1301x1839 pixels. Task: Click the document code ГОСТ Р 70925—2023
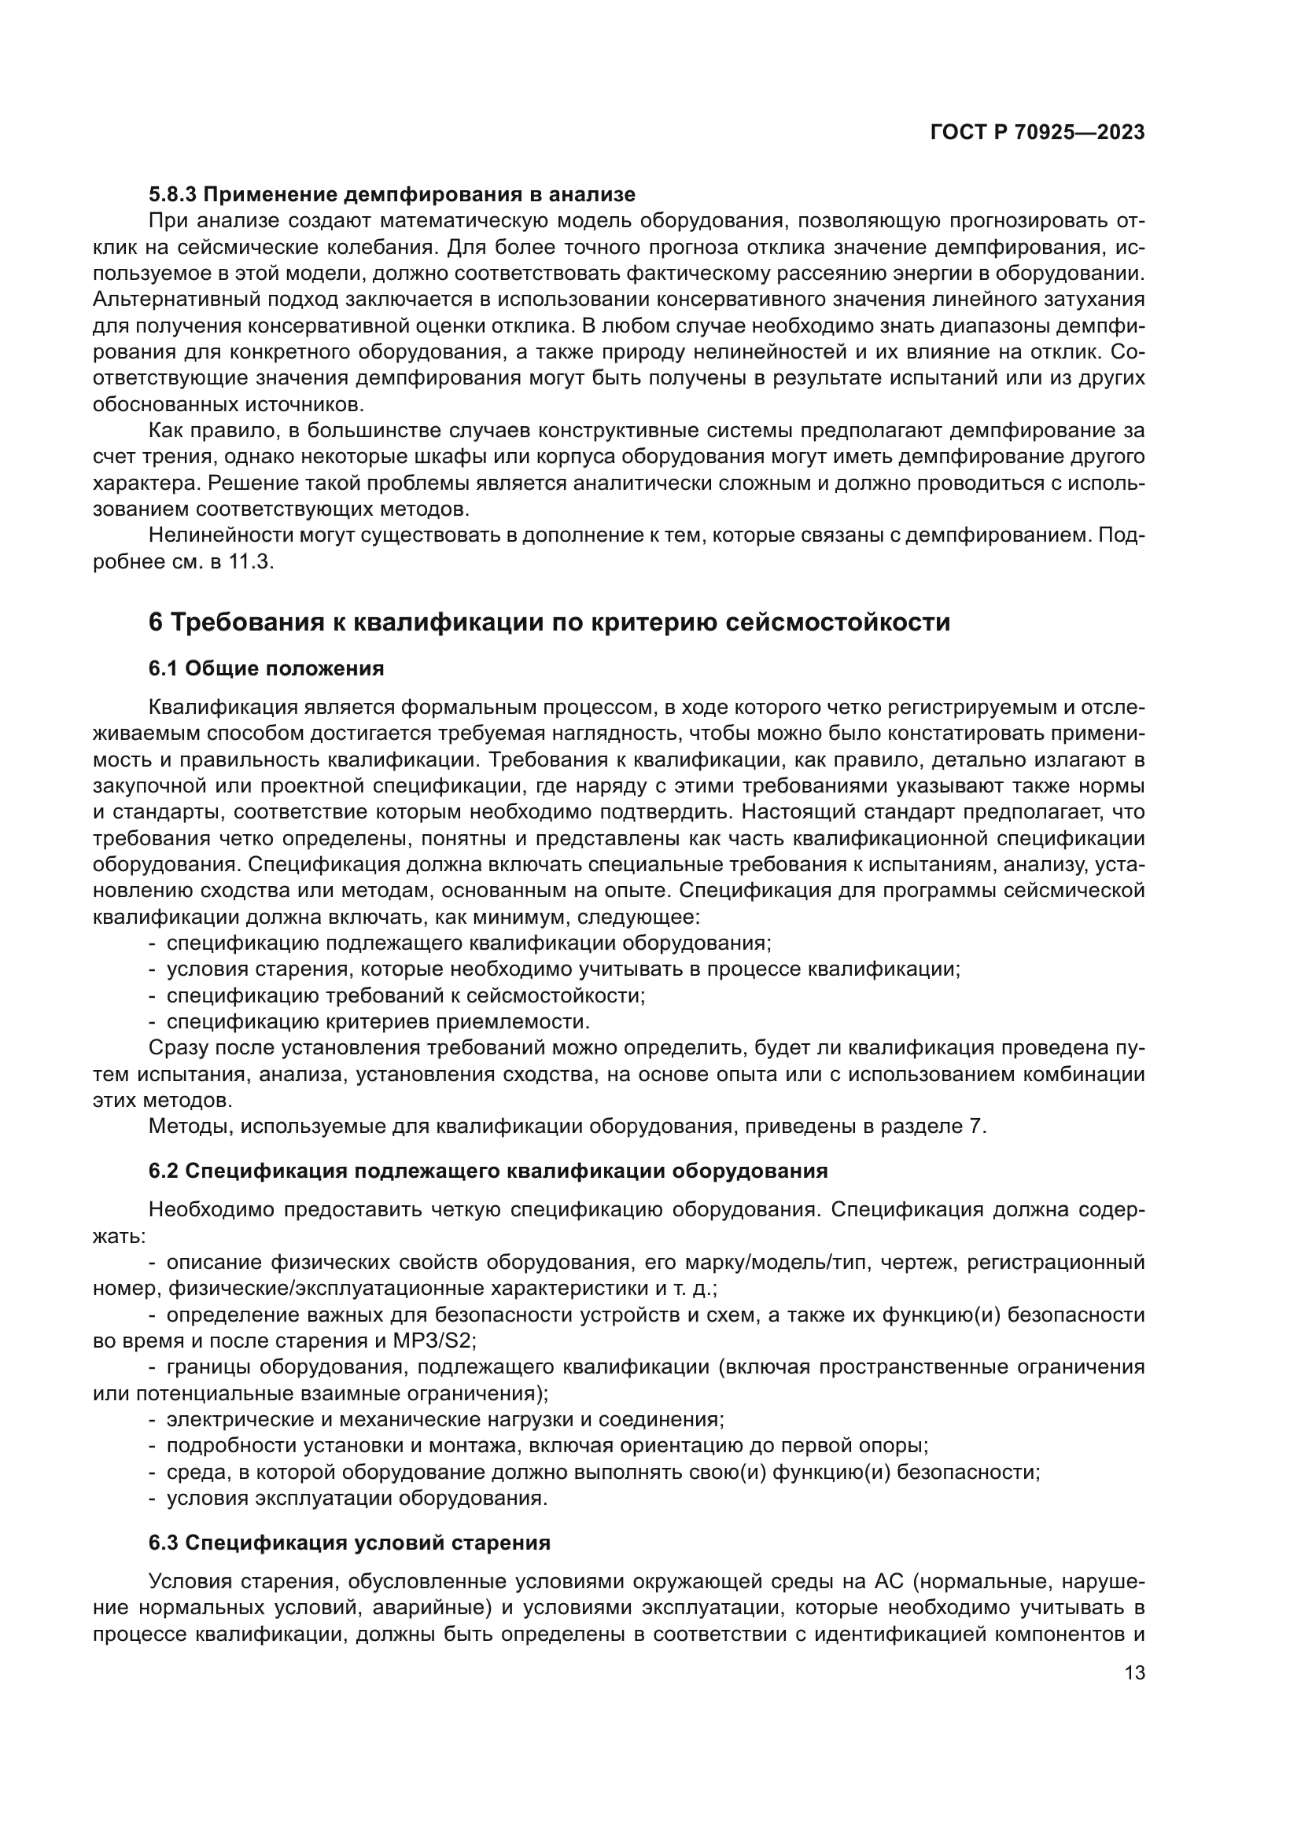pyautogui.click(x=1037, y=133)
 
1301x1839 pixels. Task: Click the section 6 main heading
pyautogui.click(x=549, y=622)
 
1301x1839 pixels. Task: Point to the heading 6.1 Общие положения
pyautogui.click(x=266, y=669)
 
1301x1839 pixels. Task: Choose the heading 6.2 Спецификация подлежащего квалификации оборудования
pyautogui.click(x=488, y=1171)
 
